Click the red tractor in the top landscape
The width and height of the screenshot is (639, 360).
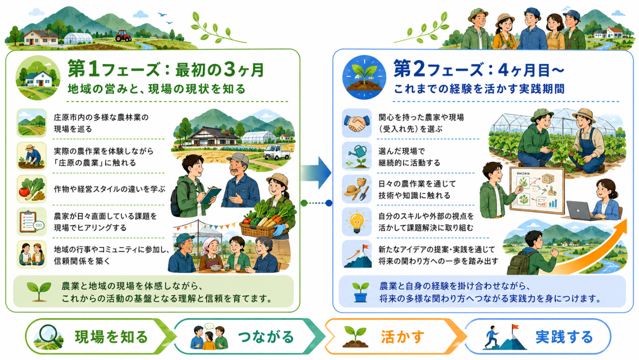tap(123, 36)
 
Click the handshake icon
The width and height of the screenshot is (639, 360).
tap(356, 123)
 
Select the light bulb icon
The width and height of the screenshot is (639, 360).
tap(356, 222)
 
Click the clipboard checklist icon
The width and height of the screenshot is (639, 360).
tap(31, 222)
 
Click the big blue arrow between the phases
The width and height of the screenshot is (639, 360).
tap(316, 173)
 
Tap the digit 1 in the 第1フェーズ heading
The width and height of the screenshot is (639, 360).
tap(93, 69)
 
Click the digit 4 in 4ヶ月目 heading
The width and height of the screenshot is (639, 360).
tap(503, 70)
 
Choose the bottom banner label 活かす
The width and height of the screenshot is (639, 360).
tap(402, 337)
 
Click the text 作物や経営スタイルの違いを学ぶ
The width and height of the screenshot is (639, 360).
tap(110, 189)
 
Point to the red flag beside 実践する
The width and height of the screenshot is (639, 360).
tap(515, 327)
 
